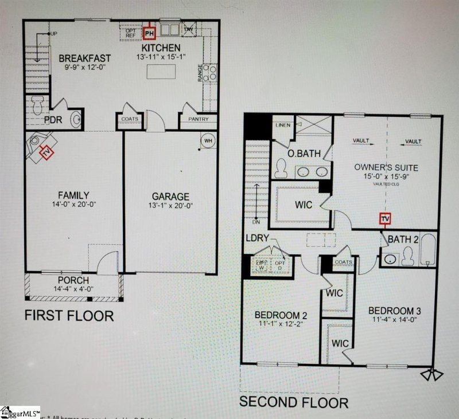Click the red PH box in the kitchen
pos(150,33)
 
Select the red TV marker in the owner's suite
pos(386,219)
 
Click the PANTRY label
pos(193,120)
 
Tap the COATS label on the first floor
pos(129,120)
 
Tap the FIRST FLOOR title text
pos(68,315)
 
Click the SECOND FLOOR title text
pos(293,402)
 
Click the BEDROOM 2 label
pos(281,315)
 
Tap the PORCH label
pos(73,280)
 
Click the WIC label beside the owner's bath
pos(304,205)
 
